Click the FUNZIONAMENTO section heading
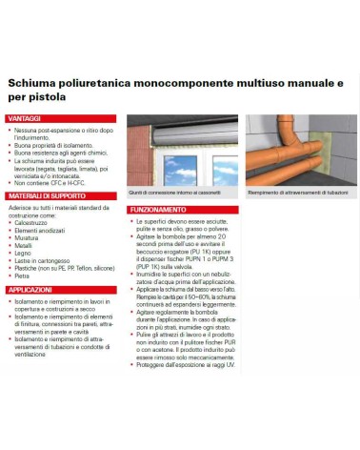tap(159, 209)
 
